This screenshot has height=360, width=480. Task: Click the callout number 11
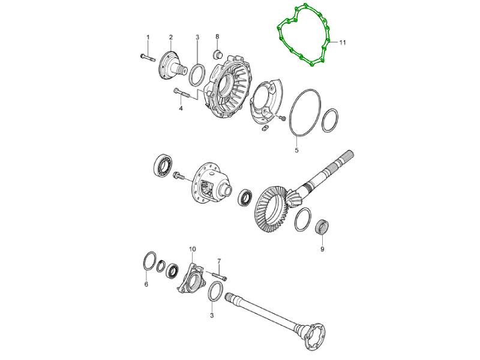tap(342, 43)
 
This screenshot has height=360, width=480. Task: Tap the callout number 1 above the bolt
tap(148, 37)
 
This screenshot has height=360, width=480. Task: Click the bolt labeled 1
tap(148, 57)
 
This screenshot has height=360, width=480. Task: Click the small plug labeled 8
tap(217, 55)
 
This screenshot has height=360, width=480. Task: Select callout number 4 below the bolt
tap(181, 109)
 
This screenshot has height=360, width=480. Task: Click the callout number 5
tap(296, 151)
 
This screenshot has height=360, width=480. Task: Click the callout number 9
tap(322, 249)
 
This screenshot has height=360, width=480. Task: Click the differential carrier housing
tap(212, 184)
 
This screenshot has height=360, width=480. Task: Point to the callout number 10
tap(192, 249)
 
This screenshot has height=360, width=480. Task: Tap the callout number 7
tap(219, 261)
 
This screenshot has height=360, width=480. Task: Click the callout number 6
tap(146, 284)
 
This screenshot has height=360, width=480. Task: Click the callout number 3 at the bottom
tap(212, 316)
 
